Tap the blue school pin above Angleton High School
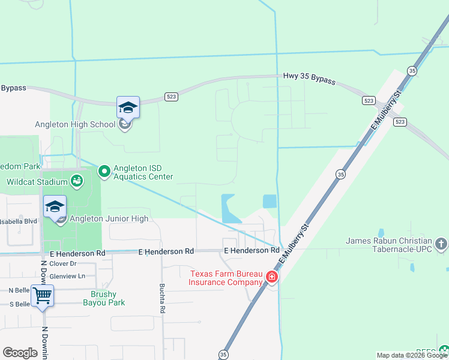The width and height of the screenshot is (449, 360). [x=128, y=108]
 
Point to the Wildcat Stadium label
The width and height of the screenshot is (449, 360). [x=37, y=182]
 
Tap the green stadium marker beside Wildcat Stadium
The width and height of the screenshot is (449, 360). [x=77, y=180]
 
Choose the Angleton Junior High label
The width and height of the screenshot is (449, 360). [x=109, y=218]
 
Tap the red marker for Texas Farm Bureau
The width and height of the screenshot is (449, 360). [x=271, y=277]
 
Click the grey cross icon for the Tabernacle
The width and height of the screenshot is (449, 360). [x=441, y=244]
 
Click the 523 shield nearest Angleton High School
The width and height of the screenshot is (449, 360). [x=170, y=96]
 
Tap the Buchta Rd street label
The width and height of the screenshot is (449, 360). [x=162, y=299]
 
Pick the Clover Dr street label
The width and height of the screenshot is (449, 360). [x=64, y=263]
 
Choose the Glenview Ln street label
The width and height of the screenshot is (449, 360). [x=68, y=275]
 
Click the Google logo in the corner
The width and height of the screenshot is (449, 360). [x=20, y=353]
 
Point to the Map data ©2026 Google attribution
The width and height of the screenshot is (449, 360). [x=412, y=355]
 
